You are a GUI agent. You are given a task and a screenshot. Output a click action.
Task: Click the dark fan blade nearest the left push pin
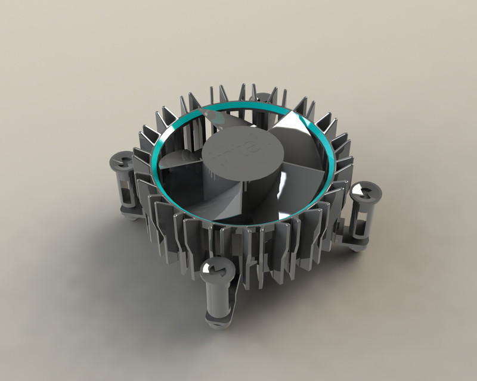click(179, 161)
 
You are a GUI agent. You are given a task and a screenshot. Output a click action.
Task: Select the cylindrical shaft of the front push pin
click(217, 301)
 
